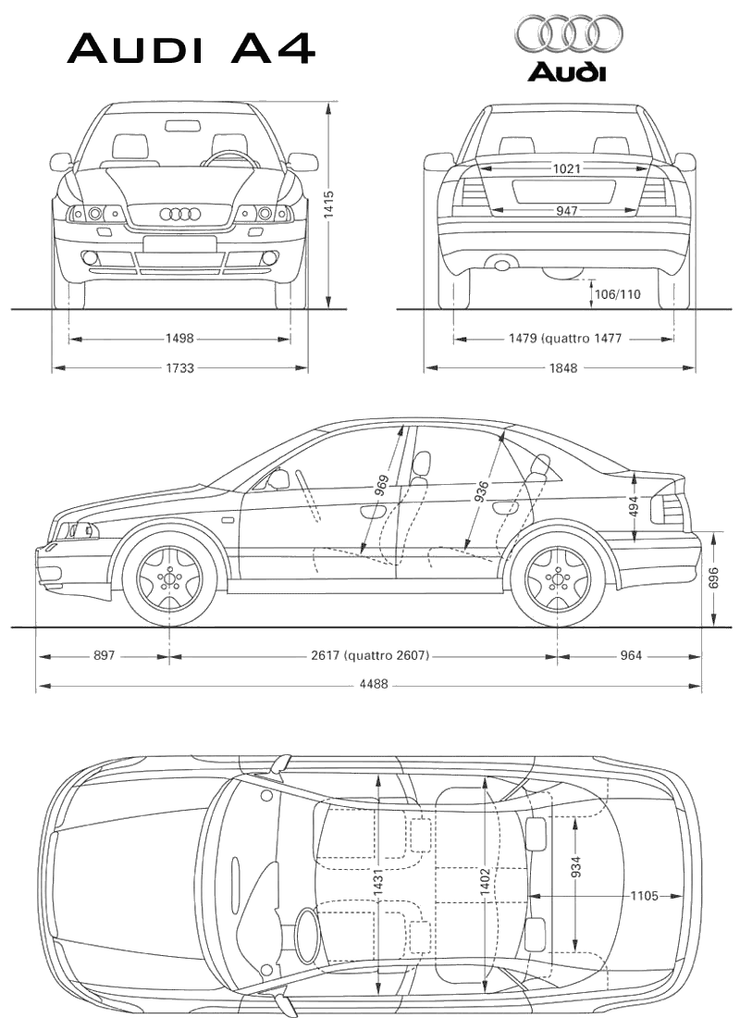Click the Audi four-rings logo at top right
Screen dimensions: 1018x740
(568, 34)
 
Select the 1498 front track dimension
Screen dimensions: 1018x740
(180, 340)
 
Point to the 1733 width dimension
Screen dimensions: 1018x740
(180, 368)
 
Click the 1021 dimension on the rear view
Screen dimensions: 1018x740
(567, 168)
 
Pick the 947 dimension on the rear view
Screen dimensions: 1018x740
(567, 211)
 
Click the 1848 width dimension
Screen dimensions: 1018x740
(562, 368)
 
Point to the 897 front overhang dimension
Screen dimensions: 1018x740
(104, 656)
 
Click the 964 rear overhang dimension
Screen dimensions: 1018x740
(630, 656)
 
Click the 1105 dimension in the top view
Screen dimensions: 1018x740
(644, 896)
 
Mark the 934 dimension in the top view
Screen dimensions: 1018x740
(576, 866)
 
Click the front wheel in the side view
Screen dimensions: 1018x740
(169, 579)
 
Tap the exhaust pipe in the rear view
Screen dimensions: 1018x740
(501, 266)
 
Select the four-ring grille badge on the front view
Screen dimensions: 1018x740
(180, 214)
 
